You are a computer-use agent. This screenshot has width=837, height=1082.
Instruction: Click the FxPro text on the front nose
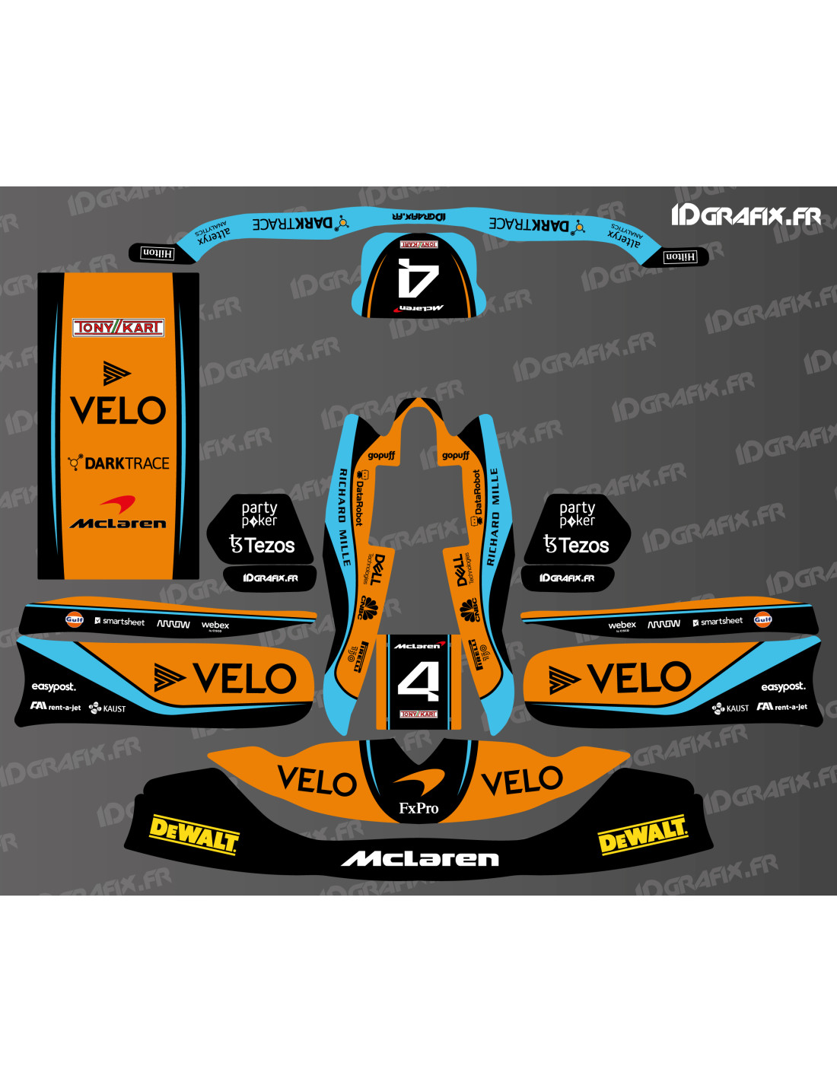tap(418, 808)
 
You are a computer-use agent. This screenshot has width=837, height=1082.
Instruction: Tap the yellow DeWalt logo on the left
tap(194, 835)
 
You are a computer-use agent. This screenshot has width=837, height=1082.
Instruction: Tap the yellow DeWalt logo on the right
tap(643, 835)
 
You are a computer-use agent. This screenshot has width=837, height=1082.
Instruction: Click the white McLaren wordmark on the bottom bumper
tap(420, 859)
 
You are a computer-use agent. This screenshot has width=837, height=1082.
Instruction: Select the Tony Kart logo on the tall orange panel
tap(118, 327)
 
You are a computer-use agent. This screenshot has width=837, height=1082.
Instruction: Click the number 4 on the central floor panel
tap(418, 680)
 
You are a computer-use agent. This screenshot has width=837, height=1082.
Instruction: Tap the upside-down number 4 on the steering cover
tap(418, 278)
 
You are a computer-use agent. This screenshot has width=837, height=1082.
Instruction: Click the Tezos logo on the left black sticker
tap(263, 545)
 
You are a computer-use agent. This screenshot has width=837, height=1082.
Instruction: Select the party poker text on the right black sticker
tap(577, 514)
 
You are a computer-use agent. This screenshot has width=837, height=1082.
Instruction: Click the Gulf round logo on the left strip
tap(74, 619)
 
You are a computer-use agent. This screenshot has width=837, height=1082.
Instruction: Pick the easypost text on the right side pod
tap(782, 686)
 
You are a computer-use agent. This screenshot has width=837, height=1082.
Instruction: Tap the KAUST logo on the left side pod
tap(108, 708)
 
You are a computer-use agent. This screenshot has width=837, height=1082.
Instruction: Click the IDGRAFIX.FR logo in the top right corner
tap(746, 216)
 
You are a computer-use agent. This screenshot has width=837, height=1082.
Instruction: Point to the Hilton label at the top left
tap(158, 253)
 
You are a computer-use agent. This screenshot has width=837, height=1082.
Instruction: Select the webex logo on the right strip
tap(622, 625)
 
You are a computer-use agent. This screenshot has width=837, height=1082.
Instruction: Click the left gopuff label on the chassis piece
tap(381, 455)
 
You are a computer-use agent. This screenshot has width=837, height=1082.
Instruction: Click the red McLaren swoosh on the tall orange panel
tap(118, 503)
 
